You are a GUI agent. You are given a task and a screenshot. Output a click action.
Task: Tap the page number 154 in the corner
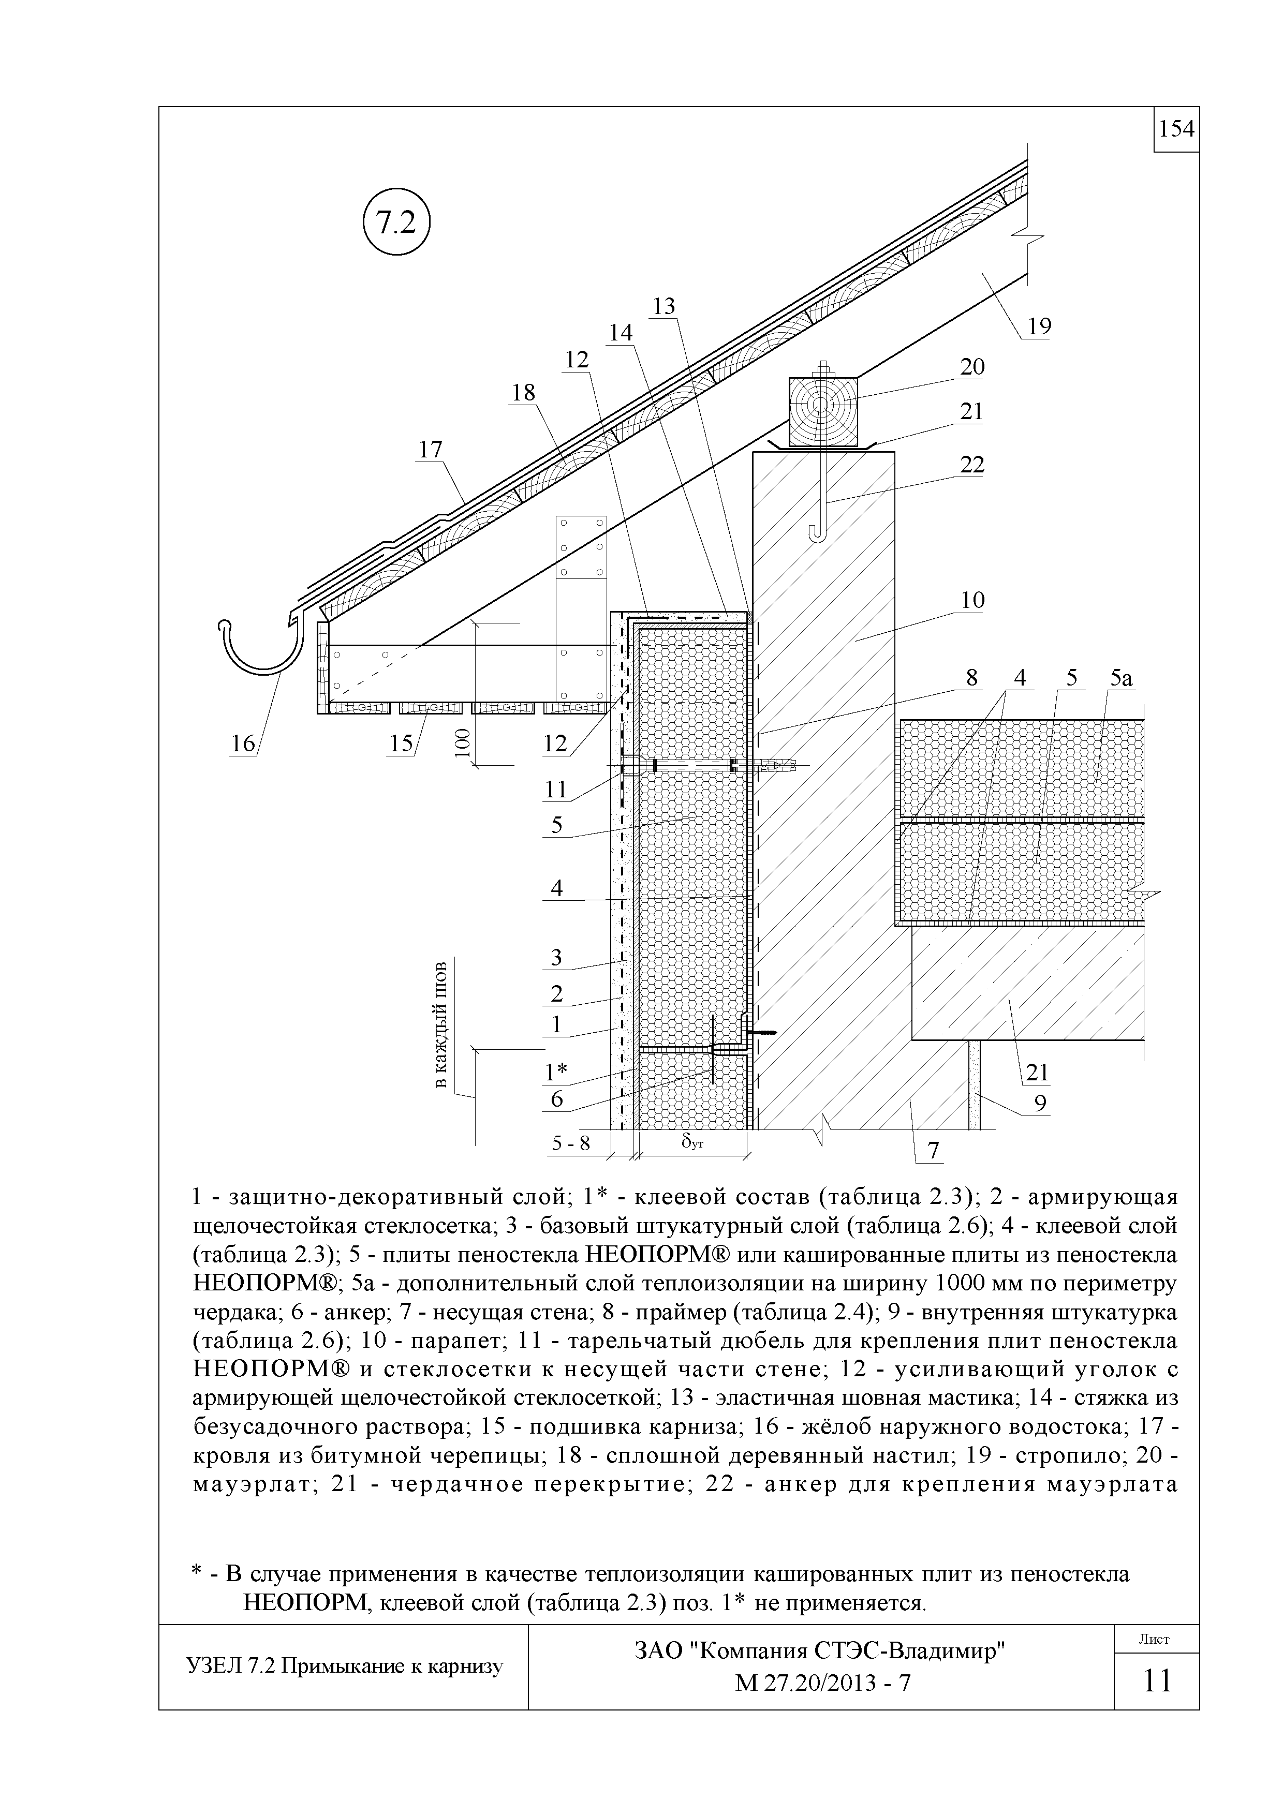(1176, 129)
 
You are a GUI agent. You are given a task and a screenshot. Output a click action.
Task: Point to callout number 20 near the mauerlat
(972, 367)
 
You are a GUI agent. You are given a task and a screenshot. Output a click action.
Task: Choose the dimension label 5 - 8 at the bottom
(571, 1143)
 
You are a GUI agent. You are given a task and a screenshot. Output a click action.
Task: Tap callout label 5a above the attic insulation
(1121, 677)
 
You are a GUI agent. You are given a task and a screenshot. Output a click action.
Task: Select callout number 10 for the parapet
(972, 600)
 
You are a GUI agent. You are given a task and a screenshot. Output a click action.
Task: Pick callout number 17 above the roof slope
(431, 450)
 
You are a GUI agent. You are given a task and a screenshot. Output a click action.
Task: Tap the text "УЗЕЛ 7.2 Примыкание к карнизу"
(344, 1667)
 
